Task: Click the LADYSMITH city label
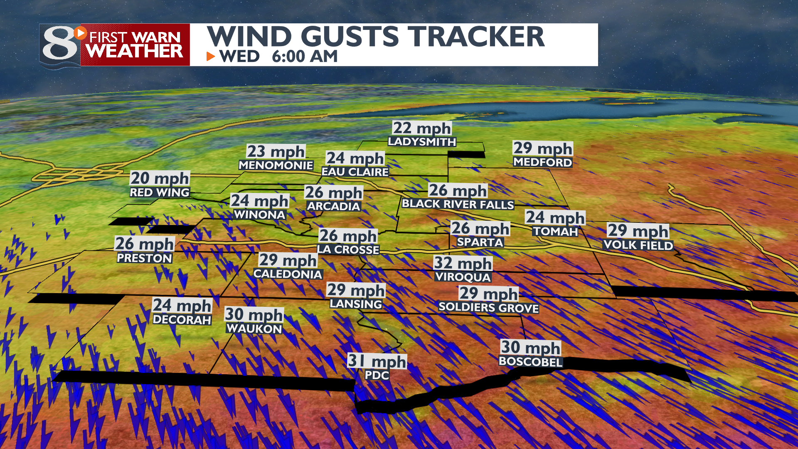422,142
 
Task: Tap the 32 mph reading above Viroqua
463,263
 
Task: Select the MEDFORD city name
542,162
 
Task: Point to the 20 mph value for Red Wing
160,178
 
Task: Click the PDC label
377,375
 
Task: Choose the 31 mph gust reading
377,361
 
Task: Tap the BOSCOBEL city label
530,361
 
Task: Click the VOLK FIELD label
638,245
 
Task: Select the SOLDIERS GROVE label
488,308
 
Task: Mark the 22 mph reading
422,128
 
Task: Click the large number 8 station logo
60,45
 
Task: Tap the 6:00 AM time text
305,57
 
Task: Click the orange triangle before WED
211,56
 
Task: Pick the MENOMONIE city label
276,165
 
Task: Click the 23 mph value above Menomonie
276,151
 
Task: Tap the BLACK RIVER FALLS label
458,204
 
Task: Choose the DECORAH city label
182,320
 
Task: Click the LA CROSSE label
348,249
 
